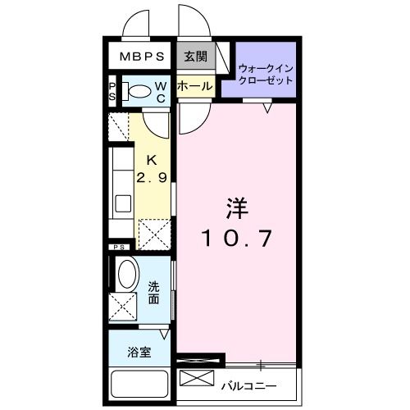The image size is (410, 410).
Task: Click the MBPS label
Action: (143, 57)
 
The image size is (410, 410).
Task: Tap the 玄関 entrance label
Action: (195, 57)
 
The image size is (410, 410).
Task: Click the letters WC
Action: (162, 92)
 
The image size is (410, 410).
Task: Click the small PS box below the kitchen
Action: (119, 246)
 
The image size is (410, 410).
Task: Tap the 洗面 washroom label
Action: (154, 293)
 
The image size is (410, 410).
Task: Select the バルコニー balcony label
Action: (248, 385)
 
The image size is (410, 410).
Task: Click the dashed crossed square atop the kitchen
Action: (120, 127)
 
